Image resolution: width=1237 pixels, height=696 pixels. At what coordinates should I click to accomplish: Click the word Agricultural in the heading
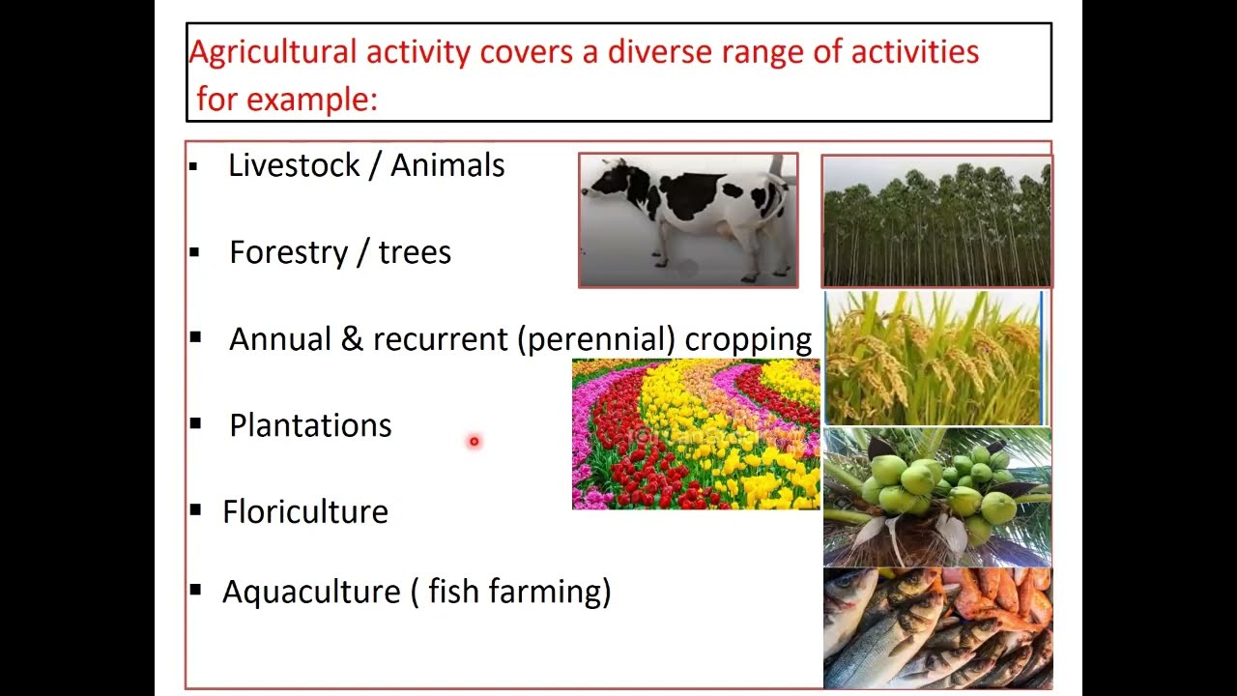273,52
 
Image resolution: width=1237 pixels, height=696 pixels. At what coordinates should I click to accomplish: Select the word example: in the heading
312,99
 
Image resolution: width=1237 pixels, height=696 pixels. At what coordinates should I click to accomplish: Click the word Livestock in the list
295,165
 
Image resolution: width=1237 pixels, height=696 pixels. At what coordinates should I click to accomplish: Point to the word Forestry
288,253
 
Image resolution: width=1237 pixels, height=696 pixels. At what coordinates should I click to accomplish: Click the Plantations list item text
310,426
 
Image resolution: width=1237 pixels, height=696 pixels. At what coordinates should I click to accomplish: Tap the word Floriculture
305,512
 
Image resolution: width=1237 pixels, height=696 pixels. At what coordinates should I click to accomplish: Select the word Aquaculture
311,592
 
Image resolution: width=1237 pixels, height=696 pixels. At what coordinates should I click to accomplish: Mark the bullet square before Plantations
196,423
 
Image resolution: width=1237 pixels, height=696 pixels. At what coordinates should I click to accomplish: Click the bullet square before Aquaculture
196,589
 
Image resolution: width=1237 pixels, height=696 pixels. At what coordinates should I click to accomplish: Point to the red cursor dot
474,442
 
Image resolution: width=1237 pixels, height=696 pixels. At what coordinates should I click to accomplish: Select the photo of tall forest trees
935,222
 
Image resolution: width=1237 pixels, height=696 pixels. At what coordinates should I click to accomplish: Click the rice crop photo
935,359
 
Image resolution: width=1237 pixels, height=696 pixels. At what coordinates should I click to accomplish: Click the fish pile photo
936,628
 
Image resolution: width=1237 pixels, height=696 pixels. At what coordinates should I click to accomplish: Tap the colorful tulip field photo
695,435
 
